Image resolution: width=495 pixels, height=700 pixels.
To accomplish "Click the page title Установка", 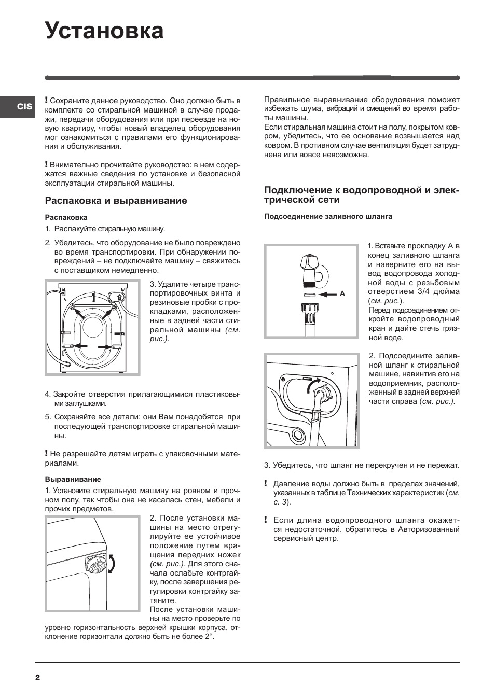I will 104,31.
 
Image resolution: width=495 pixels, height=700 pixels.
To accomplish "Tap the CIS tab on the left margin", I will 24,107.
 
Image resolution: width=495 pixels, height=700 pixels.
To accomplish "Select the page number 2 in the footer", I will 37,677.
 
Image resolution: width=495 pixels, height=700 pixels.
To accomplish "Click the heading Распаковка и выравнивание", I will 116,201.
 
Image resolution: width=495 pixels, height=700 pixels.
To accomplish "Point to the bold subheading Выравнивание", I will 73,479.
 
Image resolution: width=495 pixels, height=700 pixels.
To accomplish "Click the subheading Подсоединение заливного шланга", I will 328,216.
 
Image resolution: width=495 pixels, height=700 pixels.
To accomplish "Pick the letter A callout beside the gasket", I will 342,294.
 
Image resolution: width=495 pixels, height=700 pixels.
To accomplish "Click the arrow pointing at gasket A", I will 327,294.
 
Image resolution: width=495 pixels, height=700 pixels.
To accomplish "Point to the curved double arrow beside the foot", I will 112,564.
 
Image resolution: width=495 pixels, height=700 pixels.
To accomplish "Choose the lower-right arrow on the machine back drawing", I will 105,347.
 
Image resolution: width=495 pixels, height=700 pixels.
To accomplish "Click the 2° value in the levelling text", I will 208,636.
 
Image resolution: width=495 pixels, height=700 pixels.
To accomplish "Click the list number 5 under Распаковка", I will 47,417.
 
